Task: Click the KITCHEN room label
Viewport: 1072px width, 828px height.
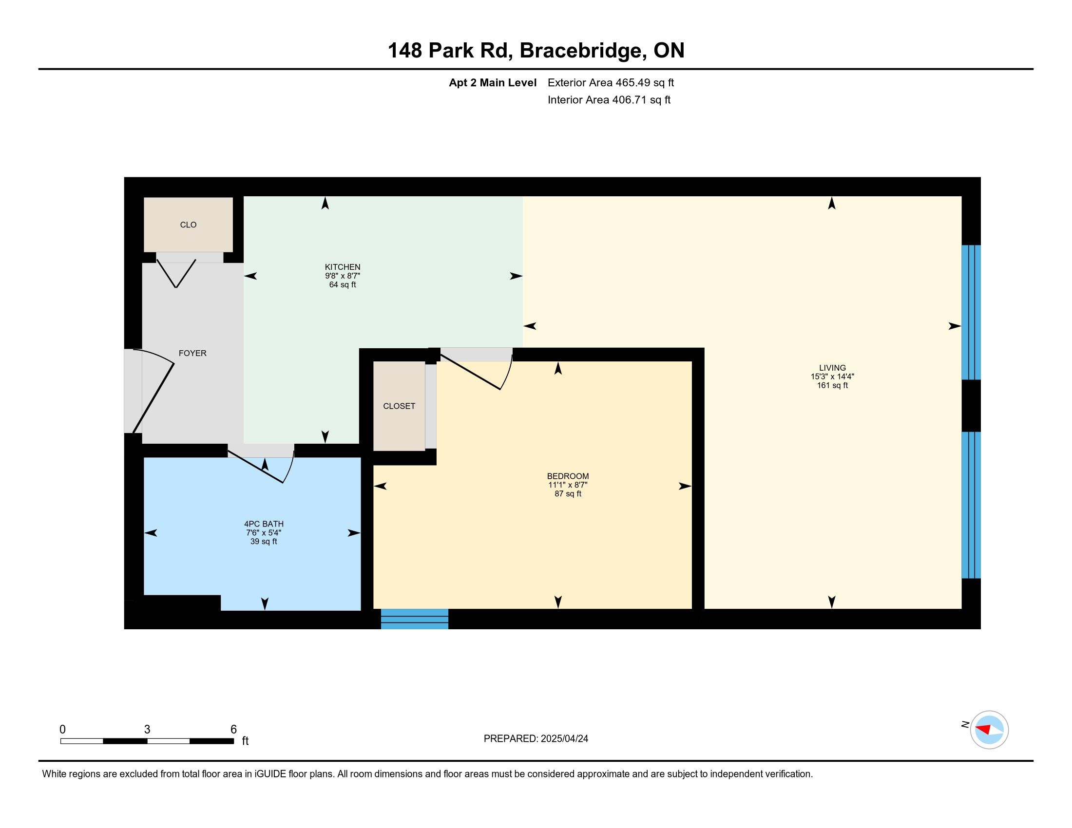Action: pos(343,267)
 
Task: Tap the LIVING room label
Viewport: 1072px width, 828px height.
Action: pos(832,367)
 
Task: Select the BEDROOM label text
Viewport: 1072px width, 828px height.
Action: pos(568,476)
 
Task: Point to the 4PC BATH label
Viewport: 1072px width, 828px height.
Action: pos(264,524)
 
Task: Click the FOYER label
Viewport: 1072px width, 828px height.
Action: pos(192,353)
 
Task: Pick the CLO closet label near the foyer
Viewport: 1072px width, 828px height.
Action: pos(189,225)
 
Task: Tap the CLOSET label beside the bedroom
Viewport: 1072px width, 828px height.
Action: pos(399,406)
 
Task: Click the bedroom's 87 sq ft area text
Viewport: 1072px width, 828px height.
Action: pos(568,493)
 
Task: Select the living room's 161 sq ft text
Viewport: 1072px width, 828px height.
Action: pos(832,386)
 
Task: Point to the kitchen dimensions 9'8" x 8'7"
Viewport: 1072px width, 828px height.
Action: pos(343,276)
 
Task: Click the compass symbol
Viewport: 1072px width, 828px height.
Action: pos(989,730)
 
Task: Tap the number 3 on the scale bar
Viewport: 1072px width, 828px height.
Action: pos(147,730)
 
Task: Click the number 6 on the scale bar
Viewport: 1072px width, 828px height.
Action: pos(233,730)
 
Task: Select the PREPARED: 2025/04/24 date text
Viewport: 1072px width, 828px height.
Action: pos(536,739)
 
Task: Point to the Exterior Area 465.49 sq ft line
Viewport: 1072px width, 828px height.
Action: pos(611,82)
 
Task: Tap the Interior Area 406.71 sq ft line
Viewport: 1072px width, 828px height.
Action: pos(609,99)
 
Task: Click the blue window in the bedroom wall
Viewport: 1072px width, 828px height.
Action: pos(415,619)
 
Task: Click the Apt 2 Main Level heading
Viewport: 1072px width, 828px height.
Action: pos(493,82)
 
